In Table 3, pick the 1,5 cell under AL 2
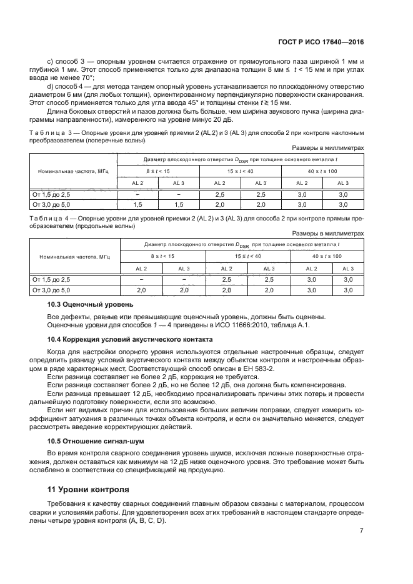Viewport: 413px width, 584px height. tap(137, 204)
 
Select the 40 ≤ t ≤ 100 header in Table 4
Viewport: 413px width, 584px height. tap(324, 256)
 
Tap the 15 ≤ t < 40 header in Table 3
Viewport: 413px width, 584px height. tap(240, 171)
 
